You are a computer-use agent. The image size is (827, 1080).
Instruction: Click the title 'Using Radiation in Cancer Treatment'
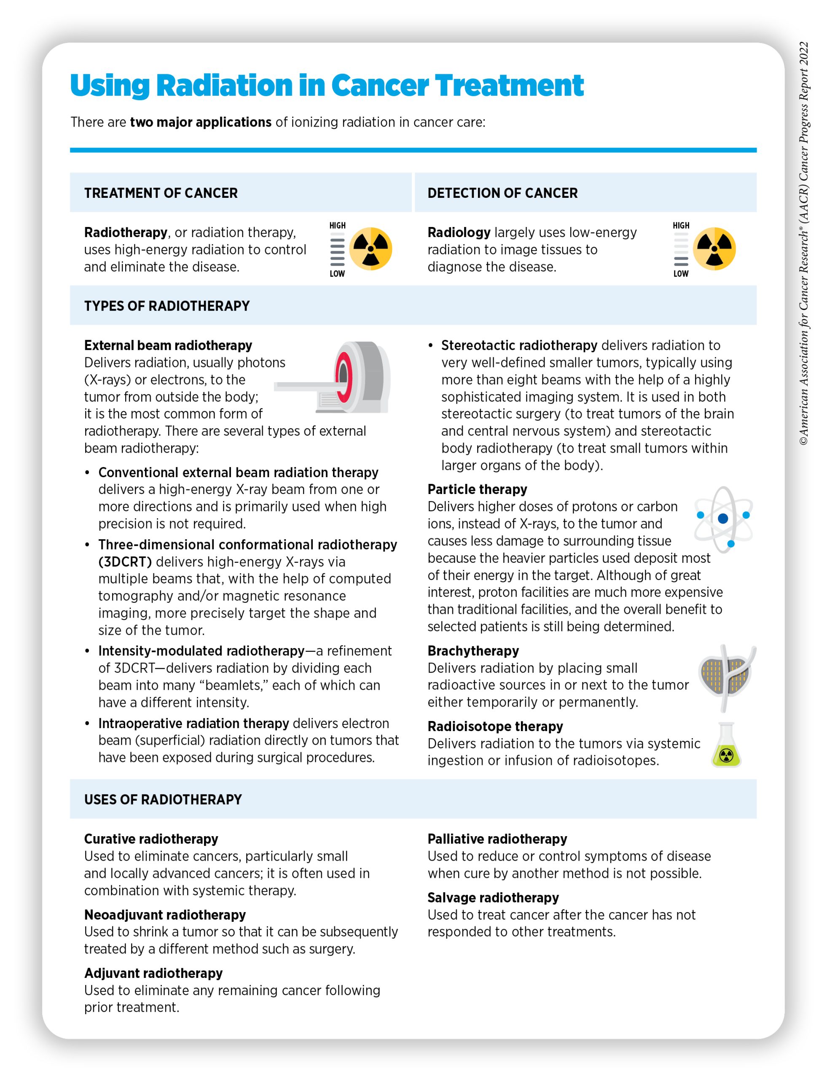[326, 85]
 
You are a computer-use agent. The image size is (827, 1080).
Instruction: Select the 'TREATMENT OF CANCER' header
[161, 193]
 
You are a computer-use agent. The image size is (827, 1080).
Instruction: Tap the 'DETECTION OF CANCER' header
[502, 193]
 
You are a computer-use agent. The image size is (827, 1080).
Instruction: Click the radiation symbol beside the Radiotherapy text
[371, 249]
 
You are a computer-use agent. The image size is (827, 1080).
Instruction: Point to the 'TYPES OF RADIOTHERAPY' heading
[167, 306]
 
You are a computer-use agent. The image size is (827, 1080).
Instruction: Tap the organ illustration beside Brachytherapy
[726, 677]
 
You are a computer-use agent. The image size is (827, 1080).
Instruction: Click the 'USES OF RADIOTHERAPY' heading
[163, 799]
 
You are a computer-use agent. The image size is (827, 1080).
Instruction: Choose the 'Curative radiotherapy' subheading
[151, 839]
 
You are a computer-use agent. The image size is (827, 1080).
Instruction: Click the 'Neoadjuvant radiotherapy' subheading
[165, 915]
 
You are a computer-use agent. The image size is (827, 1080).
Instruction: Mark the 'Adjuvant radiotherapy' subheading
[153, 973]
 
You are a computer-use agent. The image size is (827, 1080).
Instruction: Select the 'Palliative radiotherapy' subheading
[497, 839]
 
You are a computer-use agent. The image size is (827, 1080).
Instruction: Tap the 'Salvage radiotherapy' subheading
[493, 897]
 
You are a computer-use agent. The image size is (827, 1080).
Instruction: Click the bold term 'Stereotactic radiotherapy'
[519, 346]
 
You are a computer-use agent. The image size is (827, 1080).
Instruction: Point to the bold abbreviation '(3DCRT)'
[125, 562]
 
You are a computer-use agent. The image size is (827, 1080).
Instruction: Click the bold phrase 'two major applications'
[200, 122]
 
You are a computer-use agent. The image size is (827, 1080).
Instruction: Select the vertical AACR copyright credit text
[803, 244]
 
